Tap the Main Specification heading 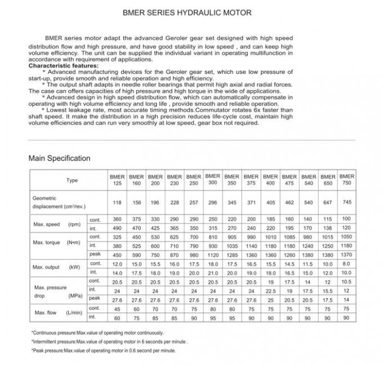(x=59, y=158)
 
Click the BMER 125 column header (x=117, y=180)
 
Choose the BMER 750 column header (x=347, y=180)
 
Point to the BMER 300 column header (x=212, y=180)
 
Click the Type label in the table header (x=72, y=180)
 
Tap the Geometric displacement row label (x=59, y=203)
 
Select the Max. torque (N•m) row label (x=57, y=243)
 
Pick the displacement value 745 (x=347, y=202)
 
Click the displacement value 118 (x=117, y=203)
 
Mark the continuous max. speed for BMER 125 (x=117, y=219)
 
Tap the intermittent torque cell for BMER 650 (x=327, y=246)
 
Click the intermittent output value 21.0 (x=212, y=273)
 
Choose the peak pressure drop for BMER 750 (x=347, y=300)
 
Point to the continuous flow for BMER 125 (x=117, y=309)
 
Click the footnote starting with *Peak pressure (x=104, y=350)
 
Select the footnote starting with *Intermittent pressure (x=109, y=341)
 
